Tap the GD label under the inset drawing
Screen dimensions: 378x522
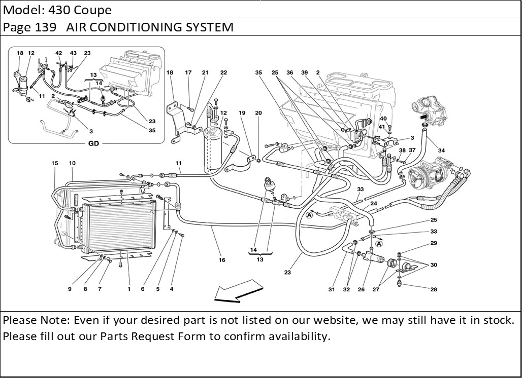tap(94, 143)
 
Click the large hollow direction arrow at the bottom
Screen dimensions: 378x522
tap(233, 293)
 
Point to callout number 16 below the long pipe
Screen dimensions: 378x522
tap(222, 260)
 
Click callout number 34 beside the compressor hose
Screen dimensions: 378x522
tap(441, 150)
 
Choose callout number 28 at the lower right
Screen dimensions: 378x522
tap(434, 290)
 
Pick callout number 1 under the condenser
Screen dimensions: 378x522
tap(129, 289)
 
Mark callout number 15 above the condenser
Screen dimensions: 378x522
tap(55, 163)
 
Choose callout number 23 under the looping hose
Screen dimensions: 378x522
tap(287, 273)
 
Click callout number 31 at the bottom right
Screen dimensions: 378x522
tap(332, 290)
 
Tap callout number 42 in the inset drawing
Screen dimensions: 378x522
tap(59, 53)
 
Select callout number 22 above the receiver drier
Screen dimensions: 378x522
tap(223, 72)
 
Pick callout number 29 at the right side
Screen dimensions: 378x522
tap(434, 243)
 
